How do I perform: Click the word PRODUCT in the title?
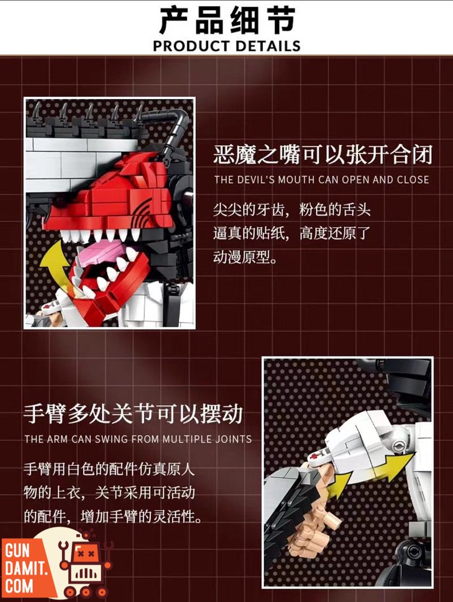coord(191,46)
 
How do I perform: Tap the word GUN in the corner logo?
coord(17,551)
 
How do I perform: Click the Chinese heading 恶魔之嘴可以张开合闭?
coord(323,154)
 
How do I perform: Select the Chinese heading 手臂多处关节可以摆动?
coord(133,414)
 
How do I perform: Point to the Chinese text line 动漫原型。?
coord(245,257)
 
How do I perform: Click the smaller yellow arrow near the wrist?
coord(338,486)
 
